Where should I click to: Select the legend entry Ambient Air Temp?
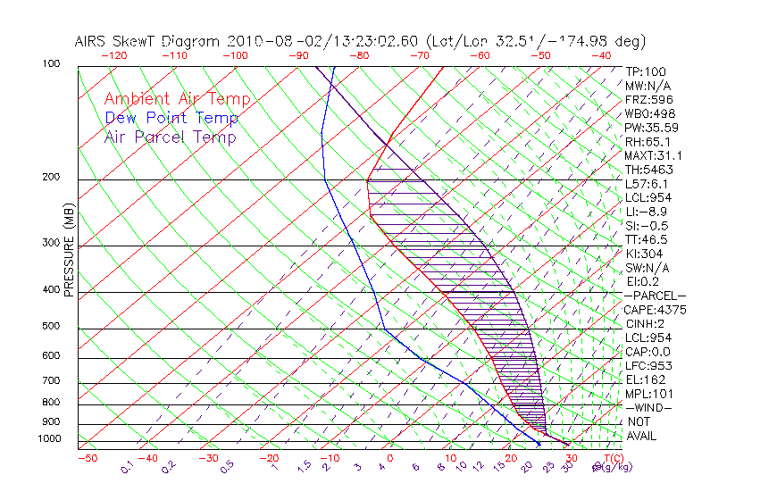[178, 99]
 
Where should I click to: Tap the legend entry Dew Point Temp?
[171, 118]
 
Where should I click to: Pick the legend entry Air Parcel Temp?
[171, 137]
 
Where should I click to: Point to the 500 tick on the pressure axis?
[52, 327]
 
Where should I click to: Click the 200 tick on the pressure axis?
[52, 178]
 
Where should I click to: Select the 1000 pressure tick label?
[49, 439]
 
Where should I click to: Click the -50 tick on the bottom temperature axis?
[88, 458]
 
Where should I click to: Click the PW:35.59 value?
[650, 128]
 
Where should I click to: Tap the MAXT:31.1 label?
[654, 155]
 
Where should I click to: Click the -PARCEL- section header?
[655, 296]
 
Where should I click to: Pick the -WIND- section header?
[648, 407]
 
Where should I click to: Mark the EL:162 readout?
[645, 379]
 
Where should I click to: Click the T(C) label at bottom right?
[612, 458]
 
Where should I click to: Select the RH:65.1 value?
[647, 142]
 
